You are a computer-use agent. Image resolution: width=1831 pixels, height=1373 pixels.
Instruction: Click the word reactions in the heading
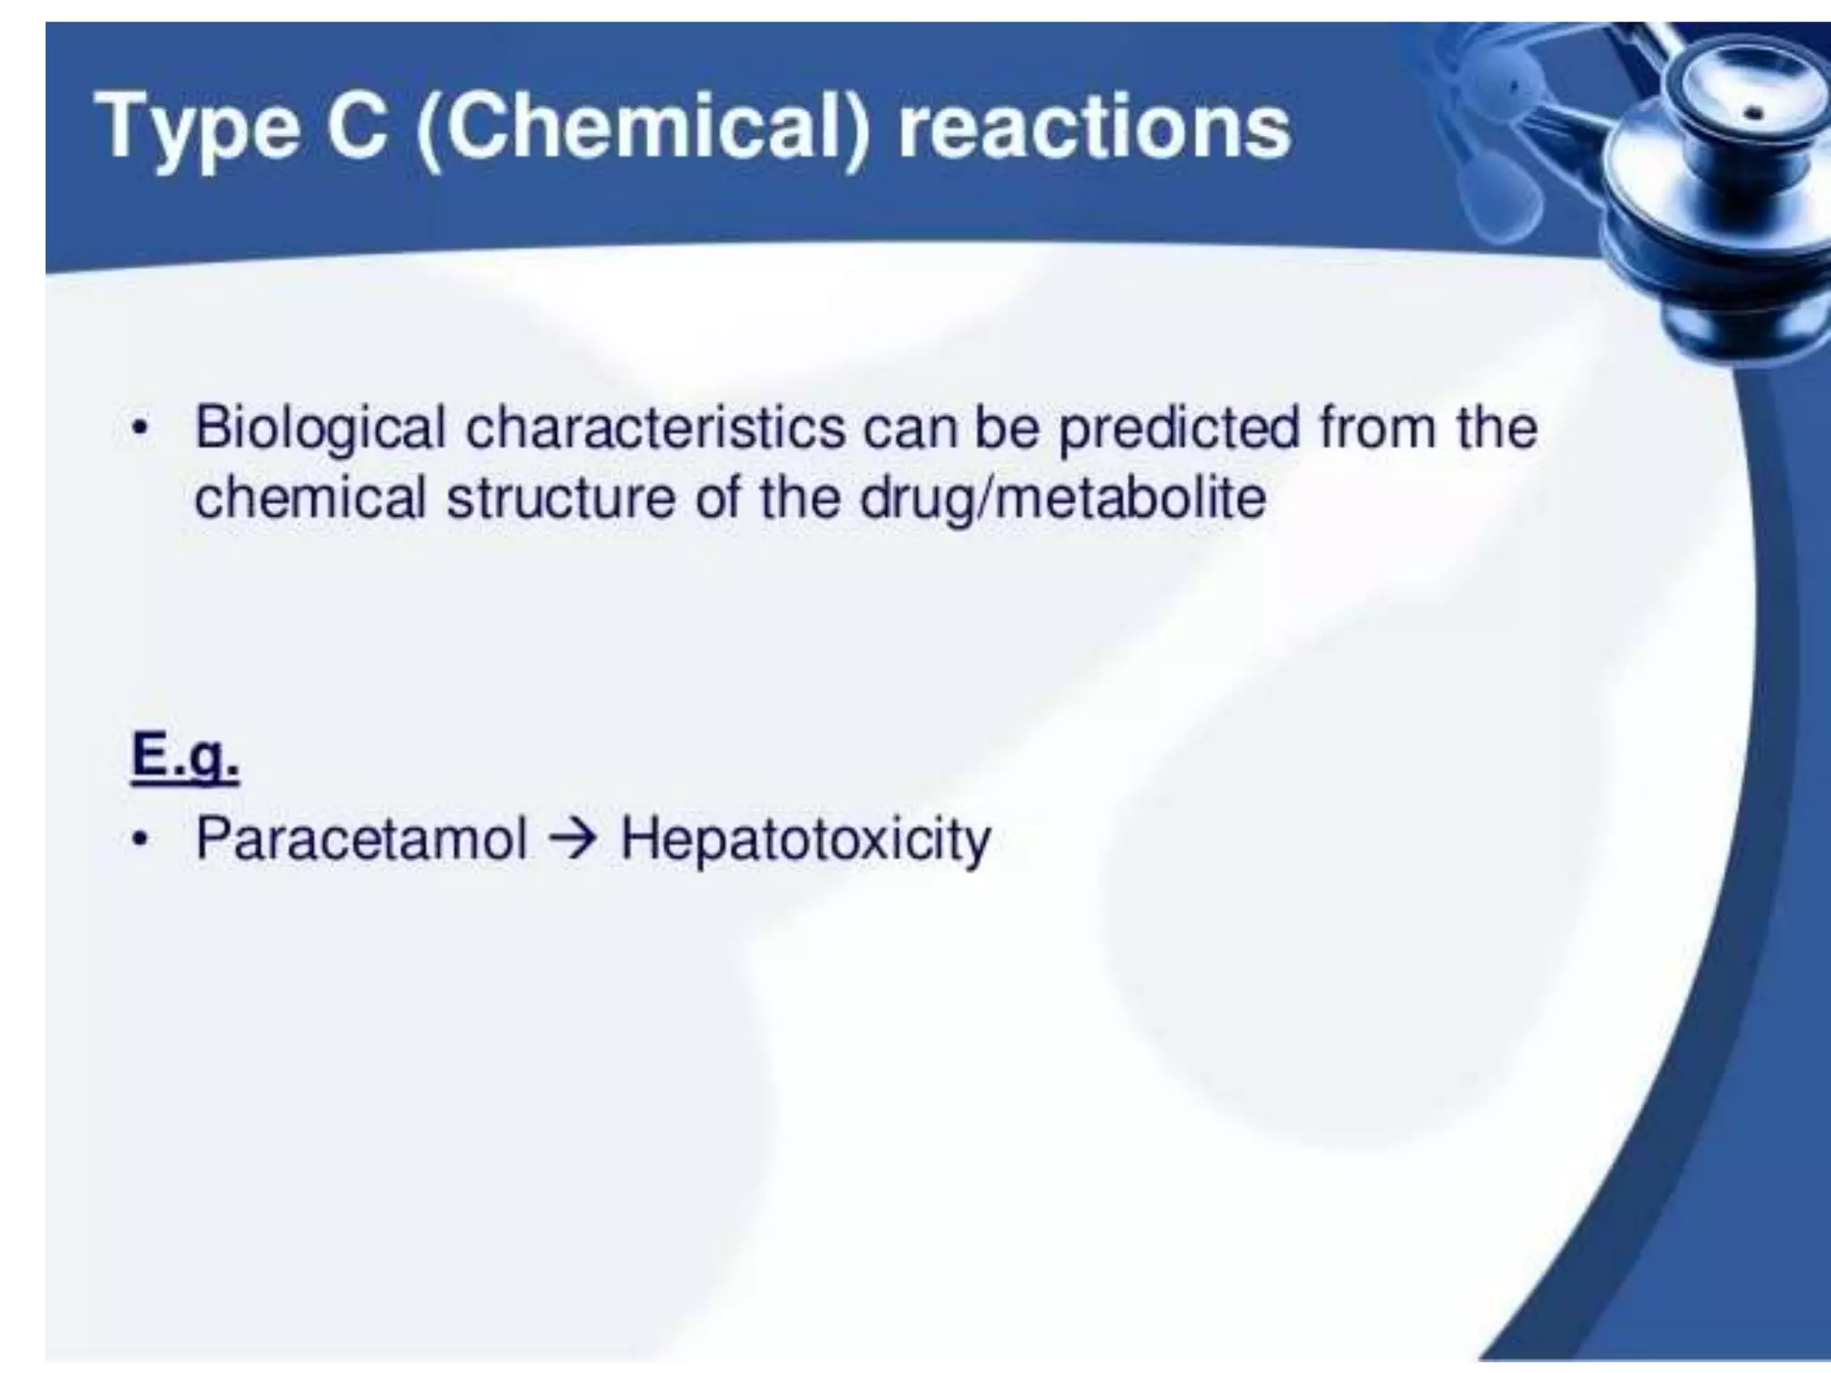point(1094,127)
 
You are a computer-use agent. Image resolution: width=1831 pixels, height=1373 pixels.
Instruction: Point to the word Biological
point(319,429)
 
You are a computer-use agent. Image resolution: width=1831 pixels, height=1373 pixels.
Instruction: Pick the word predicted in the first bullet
point(1178,429)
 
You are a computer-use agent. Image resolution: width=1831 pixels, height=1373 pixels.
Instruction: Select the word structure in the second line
point(561,498)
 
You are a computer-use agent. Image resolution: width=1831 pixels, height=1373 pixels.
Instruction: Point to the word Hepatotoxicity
point(806,840)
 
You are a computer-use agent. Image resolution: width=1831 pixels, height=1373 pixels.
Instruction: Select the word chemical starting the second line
point(309,498)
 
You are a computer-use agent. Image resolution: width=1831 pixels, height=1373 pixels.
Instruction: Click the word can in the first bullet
point(909,429)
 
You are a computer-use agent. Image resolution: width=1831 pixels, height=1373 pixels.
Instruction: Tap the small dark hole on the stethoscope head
point(1754,114)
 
